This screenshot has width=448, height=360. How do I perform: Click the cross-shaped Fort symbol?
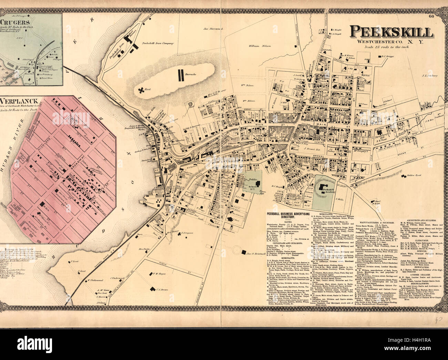pos(141,90)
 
